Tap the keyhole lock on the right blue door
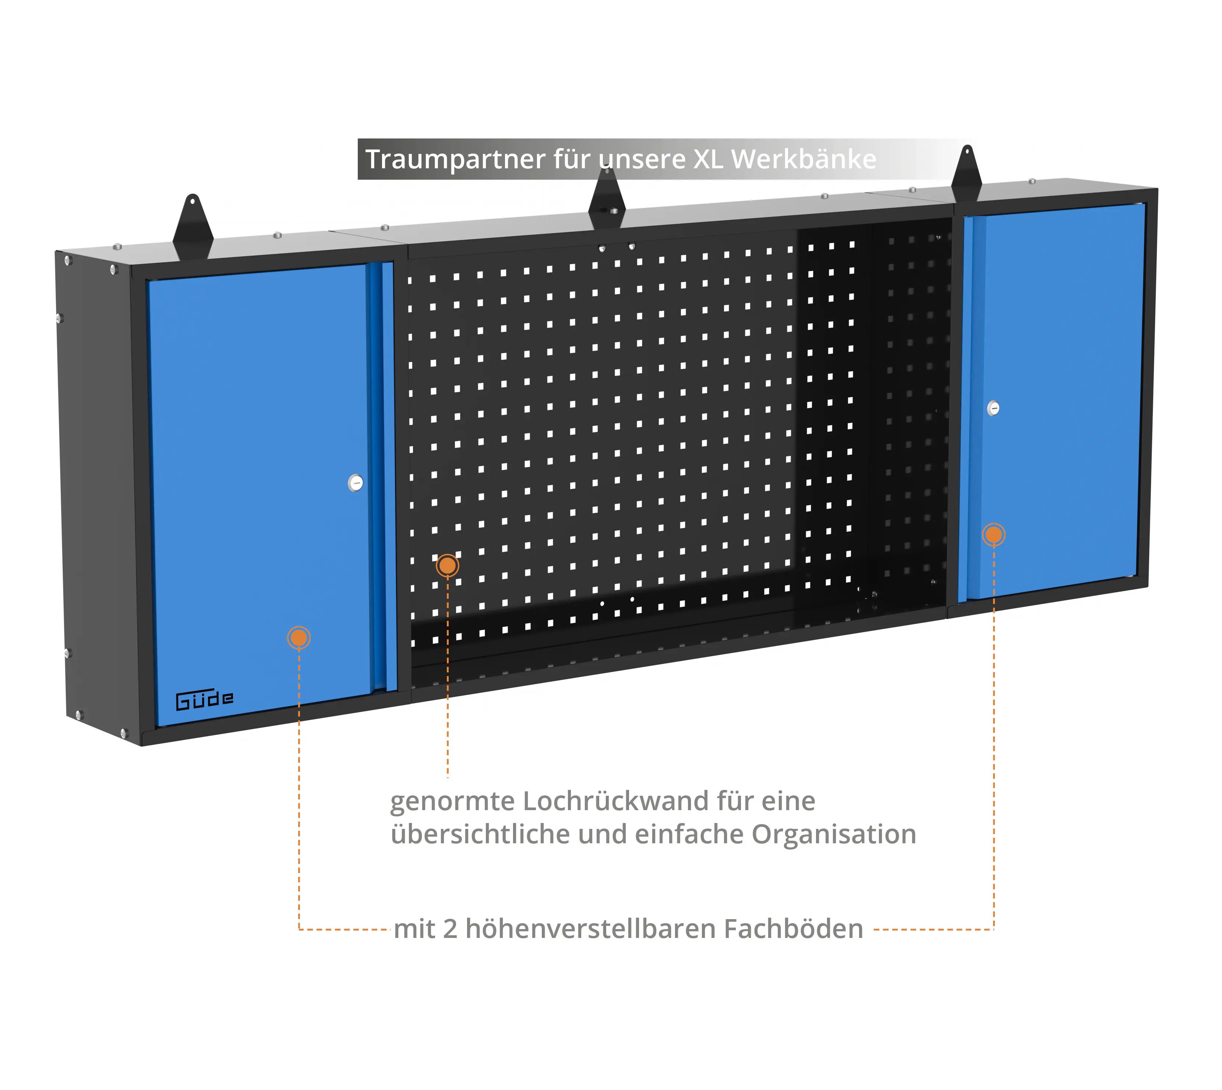point(993,408)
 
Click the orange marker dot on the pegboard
point(447,565)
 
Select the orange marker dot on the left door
point(299,638)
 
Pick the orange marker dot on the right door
point(993,535)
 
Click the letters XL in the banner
point(708,159)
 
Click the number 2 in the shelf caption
point(450,929)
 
